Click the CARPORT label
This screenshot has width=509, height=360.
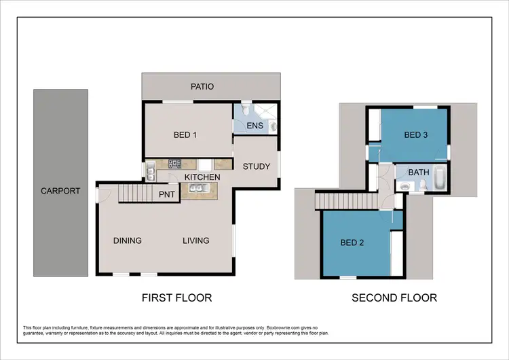pos(60,191)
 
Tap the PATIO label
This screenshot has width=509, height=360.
pos(202,87)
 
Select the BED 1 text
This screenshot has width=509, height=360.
pos(185,135)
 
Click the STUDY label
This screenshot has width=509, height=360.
pos(256,165)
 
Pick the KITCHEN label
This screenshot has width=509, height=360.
pos(202,177)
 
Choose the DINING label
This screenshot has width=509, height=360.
pos(128,240)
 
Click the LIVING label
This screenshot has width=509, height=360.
pos(195,240)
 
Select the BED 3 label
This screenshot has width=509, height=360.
pos(415,135)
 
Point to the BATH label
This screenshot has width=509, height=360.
pos(419,173)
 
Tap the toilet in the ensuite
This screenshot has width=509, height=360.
pos(273,126)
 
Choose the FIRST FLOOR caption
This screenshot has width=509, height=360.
pos(176,298)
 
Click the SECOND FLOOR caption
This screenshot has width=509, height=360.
pos(394,298)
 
